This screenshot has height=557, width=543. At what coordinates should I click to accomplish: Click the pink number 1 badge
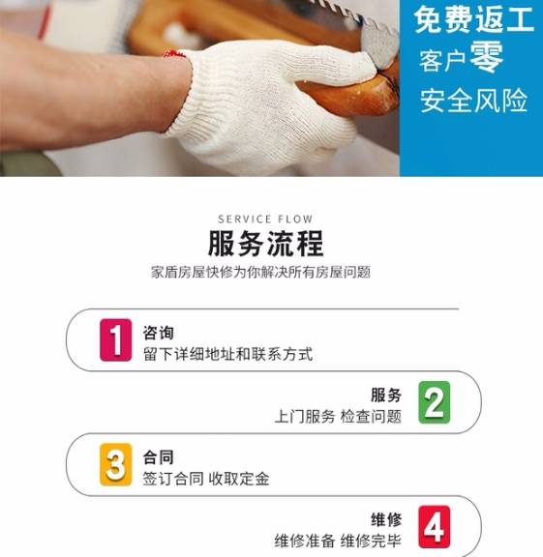tap(115, 340)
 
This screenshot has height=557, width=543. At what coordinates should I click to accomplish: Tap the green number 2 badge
tap(435, 402)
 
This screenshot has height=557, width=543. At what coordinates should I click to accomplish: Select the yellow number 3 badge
tap(115, 464)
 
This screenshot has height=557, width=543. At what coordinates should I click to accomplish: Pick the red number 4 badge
tap(435, 526)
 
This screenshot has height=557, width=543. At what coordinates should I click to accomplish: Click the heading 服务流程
tap(265, 244)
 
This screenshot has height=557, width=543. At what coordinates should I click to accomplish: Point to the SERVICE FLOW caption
tap(265, 219)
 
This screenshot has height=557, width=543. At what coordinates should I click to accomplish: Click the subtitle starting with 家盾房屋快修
tap(260, 272)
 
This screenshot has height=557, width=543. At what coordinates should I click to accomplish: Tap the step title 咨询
tap(158, 333)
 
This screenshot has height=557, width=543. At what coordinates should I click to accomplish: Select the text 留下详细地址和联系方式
tap(227, 354)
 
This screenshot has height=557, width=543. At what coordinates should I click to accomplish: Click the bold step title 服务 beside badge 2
tap(386, 395)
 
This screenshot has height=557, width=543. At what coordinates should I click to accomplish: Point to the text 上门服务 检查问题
tap(338, 417)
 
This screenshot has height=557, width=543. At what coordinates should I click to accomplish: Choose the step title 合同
tap(158, 457)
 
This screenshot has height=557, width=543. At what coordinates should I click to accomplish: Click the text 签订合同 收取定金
tap(206, 479)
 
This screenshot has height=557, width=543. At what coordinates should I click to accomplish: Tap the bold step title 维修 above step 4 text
tap(386, 519)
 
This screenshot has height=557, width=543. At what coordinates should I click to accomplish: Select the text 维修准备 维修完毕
tap(338, 541)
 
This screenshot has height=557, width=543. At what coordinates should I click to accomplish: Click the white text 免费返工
tap(474, 20)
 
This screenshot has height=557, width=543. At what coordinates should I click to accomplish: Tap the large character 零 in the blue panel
tap(487, 56)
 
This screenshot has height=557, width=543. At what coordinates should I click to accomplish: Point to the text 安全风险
tap(473, 101)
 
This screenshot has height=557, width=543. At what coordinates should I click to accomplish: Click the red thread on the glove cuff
tap(174, 54)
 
